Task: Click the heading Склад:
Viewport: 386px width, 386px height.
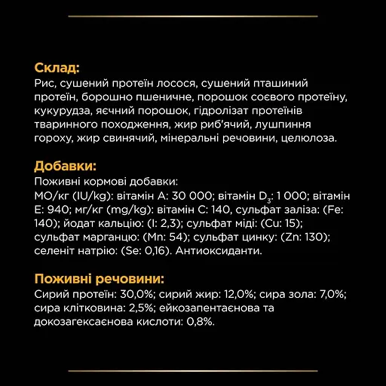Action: (x=57, y=68)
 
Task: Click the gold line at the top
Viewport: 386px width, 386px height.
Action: (x=193, y=15)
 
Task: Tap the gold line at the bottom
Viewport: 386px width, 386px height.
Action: (x=193, y=371)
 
